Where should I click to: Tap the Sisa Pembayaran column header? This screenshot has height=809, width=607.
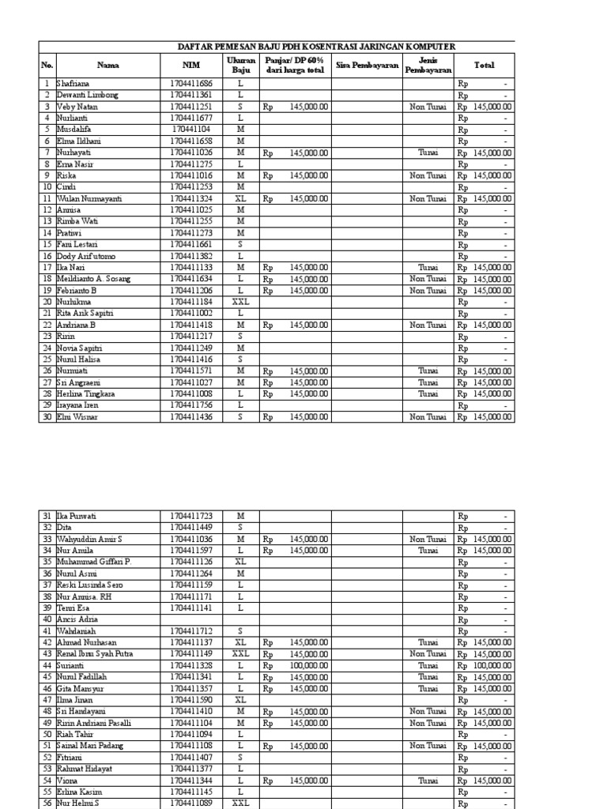(367, 66)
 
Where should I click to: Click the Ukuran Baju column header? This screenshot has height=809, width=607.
(240, 66)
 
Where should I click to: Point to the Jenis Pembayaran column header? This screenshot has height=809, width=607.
(428, 66)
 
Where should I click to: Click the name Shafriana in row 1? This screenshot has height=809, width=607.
(74, 83)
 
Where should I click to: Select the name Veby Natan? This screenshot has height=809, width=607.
(76, 106)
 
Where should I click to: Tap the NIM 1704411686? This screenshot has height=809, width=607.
(190, 83)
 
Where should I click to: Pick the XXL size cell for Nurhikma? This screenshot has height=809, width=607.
(240, 301)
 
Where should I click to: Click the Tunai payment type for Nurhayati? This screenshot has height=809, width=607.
(428, 152)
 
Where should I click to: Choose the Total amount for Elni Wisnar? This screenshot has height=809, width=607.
(484, 416)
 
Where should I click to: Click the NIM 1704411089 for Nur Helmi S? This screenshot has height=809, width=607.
(190, 803)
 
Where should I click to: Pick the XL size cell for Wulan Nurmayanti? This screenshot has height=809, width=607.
(240, 198)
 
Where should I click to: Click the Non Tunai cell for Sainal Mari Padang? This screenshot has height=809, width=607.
(428, 746)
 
